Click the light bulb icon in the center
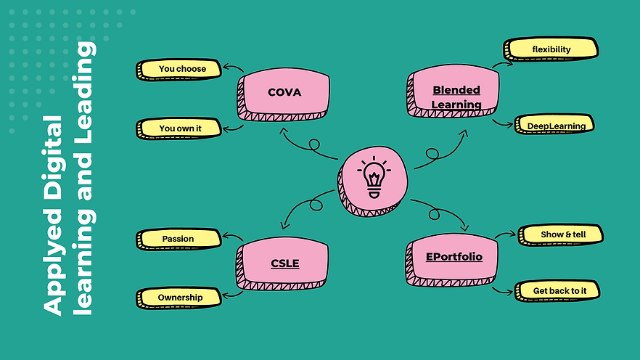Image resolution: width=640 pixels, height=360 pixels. tap(373, 179)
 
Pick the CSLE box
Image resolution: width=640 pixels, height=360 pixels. tap(284, 263)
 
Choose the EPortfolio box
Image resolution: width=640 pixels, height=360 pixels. tap(454, 256)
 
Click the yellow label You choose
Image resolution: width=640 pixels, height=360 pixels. tap(181, 69)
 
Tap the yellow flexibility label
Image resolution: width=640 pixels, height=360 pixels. tap(551, 49)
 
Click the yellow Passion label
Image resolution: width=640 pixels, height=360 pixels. tap(178, 238)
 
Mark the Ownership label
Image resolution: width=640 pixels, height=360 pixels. tap(180, 297)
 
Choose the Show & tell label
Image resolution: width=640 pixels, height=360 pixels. tap(562, 234)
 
